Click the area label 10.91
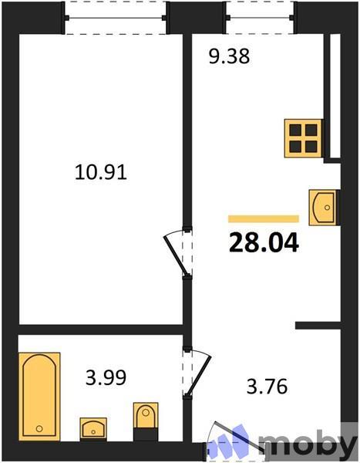pos(100,172)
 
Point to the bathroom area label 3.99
pos(105,378)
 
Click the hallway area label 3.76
pos(265,386)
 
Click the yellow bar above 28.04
pos(264,219)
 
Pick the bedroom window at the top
pos(116,17)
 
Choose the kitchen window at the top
pos(259,17)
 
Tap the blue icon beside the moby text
pos(234,443)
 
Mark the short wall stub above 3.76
pos(318,326)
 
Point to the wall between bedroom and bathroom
pos(100,330)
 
